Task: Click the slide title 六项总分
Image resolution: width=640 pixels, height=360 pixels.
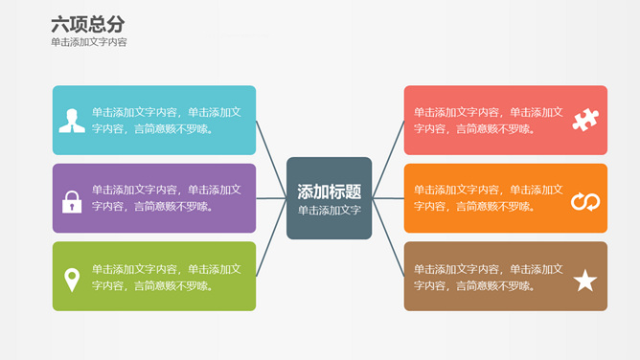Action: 87,24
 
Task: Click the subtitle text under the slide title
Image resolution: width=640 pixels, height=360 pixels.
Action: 89,42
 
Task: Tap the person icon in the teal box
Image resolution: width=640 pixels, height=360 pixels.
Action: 72,121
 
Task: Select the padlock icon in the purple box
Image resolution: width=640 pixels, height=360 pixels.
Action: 72,201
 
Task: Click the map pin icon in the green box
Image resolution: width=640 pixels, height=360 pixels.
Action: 72,280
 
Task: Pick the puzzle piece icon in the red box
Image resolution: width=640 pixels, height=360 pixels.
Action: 584,120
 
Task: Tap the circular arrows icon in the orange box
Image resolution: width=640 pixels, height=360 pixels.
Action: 584,201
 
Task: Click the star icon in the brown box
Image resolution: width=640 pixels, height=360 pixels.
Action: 584,281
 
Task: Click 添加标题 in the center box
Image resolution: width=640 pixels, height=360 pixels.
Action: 329,191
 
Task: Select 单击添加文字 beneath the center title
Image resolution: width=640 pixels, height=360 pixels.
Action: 329,210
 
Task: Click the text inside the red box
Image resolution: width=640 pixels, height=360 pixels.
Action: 489,120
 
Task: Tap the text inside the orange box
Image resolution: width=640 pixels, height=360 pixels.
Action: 489,198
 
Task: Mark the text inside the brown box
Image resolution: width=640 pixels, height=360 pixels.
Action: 489,277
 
